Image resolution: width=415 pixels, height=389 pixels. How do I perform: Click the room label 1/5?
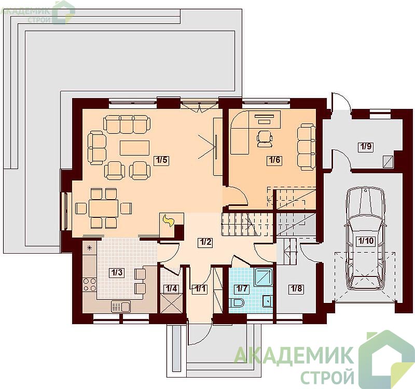162,160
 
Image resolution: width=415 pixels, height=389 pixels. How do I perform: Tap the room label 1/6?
274,160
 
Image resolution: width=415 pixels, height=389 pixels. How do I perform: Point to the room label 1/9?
366,146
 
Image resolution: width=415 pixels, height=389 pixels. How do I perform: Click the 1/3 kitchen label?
117,273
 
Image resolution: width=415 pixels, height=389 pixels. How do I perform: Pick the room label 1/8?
296,289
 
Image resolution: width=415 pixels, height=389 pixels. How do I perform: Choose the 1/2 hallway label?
205,242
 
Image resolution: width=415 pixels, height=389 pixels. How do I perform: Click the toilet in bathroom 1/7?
237,303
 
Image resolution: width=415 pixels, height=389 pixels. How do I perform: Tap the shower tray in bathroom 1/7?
264,276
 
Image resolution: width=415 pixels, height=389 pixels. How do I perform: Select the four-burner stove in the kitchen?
89,284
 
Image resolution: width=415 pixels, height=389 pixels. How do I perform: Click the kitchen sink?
121,307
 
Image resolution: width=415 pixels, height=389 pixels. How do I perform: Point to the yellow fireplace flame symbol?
168,220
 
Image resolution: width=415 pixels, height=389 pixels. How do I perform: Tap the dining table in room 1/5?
103,209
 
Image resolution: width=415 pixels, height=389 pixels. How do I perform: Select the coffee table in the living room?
135,148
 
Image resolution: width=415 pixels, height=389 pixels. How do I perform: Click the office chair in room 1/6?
265,138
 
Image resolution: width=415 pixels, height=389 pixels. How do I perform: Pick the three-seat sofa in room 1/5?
127,124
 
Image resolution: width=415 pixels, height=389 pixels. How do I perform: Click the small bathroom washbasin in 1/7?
267,301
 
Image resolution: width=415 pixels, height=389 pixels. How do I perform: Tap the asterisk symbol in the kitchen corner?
89,248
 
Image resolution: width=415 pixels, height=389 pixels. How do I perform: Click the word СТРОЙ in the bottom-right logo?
328,377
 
